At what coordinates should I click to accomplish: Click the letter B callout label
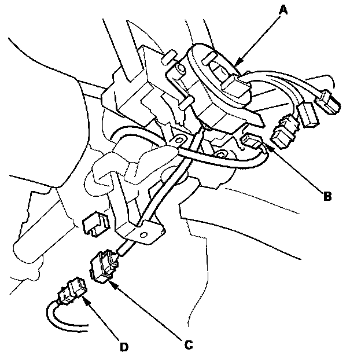coord(327,196)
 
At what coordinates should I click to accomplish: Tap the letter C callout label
coord(188,345)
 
